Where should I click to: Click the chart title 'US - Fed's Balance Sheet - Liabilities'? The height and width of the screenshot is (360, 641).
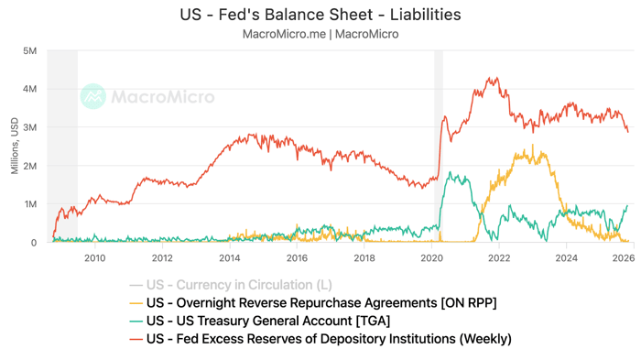(x=320, y=15)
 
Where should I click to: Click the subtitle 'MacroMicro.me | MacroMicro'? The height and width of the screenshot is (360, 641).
(x=320, y=34)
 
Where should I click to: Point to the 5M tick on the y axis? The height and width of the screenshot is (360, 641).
(x=29, y=51)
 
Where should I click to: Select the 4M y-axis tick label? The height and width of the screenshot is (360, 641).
(x=29, y=90)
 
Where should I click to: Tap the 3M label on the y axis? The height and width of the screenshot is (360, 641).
(x=29, y=128)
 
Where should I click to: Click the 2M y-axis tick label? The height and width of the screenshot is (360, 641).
(x=29, y=167)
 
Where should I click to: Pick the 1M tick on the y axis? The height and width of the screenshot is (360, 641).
(x=29, y=205)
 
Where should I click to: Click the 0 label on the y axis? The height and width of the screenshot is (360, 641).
(x=33, y=244)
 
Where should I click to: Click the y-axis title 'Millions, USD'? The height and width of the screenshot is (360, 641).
(x=13, y=147)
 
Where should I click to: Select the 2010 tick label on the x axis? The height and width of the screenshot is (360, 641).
(x=94, y=258)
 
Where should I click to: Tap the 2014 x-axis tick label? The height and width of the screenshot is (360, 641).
(x=230, y=258)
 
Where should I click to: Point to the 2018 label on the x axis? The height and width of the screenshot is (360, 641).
(x=364, y=258)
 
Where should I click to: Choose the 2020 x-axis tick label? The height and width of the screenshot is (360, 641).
(x=431, y=258)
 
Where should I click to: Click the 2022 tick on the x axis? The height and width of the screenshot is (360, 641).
(x=499, y=258)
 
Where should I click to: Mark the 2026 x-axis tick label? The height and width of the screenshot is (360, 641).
(x=624, y=258)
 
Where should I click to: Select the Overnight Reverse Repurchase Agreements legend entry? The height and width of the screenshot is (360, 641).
(x=320, y=303)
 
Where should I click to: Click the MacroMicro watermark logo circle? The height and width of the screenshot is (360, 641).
(x=92, y=96)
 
